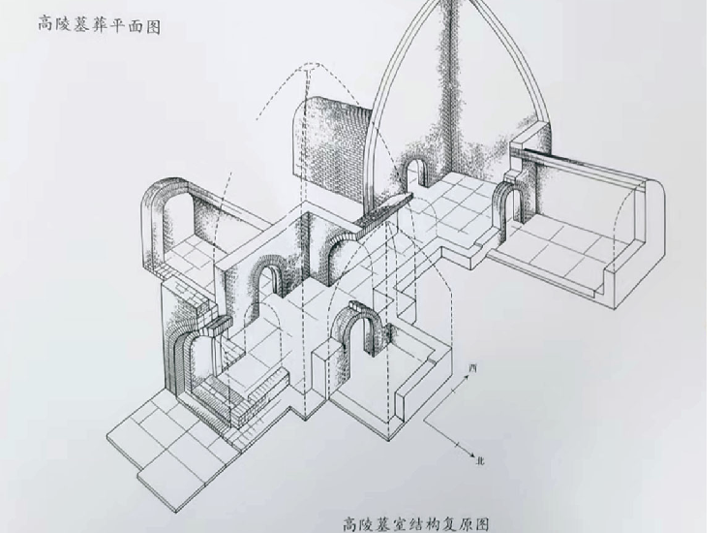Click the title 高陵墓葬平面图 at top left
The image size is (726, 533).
99,24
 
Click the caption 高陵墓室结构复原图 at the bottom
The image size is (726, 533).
416,524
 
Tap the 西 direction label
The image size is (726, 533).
472,369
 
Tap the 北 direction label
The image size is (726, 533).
480,460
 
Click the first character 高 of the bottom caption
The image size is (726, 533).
350,524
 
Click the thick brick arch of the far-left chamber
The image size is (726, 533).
160,208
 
